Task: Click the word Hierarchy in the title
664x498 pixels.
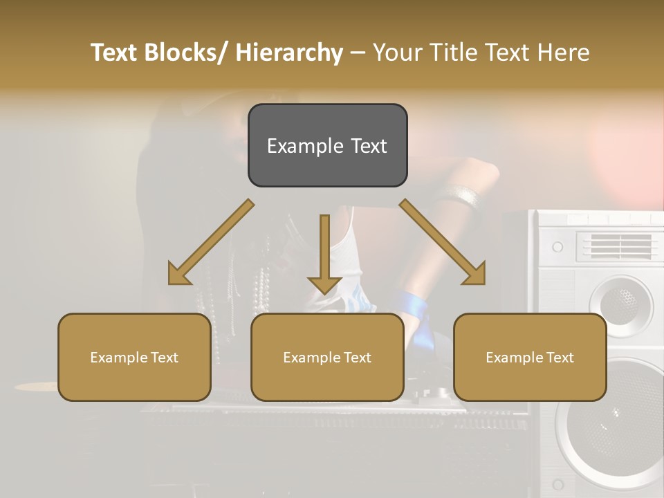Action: pos(289,53)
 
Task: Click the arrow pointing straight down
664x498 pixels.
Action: pos(324,252)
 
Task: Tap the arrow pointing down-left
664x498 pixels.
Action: pos(210,243)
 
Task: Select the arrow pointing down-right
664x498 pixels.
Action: pos(443,243)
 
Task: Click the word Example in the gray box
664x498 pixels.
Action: pos(305,147)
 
